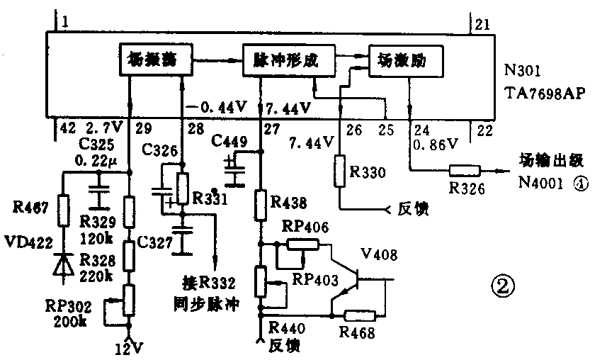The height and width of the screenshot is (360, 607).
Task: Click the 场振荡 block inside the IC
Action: (x=153, y=61)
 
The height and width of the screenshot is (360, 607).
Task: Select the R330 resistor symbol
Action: (x=341, y=172)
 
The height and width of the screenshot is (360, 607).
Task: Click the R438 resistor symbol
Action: (x=261, y=203)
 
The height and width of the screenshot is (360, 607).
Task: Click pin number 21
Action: (x=482, y=26)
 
